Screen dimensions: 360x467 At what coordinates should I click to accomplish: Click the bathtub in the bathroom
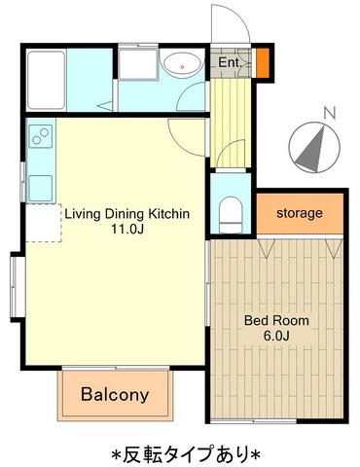(46, 80)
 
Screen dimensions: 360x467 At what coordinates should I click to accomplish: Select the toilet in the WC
(231, 214)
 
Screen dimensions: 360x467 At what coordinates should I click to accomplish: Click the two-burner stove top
(41, 136)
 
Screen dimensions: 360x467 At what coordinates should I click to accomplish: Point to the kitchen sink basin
(41, 188)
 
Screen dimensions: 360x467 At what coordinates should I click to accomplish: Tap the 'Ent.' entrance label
(230, 62)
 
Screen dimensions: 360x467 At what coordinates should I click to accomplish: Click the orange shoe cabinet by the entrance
(263, 62)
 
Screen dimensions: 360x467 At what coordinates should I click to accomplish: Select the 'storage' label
(300, 213)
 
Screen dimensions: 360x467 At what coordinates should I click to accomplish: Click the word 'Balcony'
(115, 394)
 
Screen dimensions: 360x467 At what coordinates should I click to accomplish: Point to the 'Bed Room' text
(276, 320)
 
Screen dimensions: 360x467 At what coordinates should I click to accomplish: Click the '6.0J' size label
(276, 336)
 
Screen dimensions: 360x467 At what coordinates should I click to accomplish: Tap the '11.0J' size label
(127, 230)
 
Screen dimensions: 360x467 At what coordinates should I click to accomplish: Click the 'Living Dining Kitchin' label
(127, 214)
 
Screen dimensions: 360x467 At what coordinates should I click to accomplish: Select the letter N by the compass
(330, 113)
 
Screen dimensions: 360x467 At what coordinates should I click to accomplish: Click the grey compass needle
(312, 152)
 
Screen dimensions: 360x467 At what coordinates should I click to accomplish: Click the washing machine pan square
(138, 63)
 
